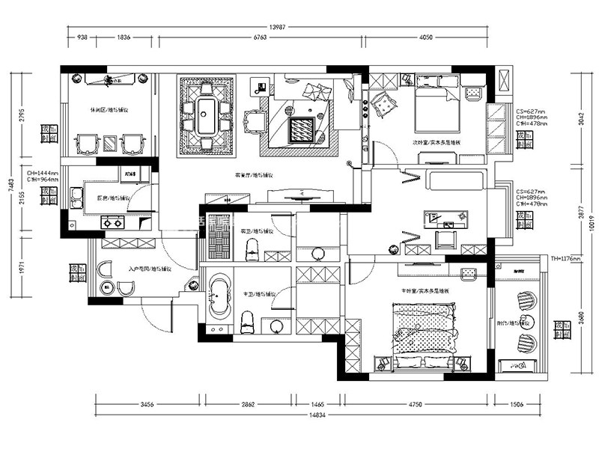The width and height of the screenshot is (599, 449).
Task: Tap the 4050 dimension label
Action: [425, 37]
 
